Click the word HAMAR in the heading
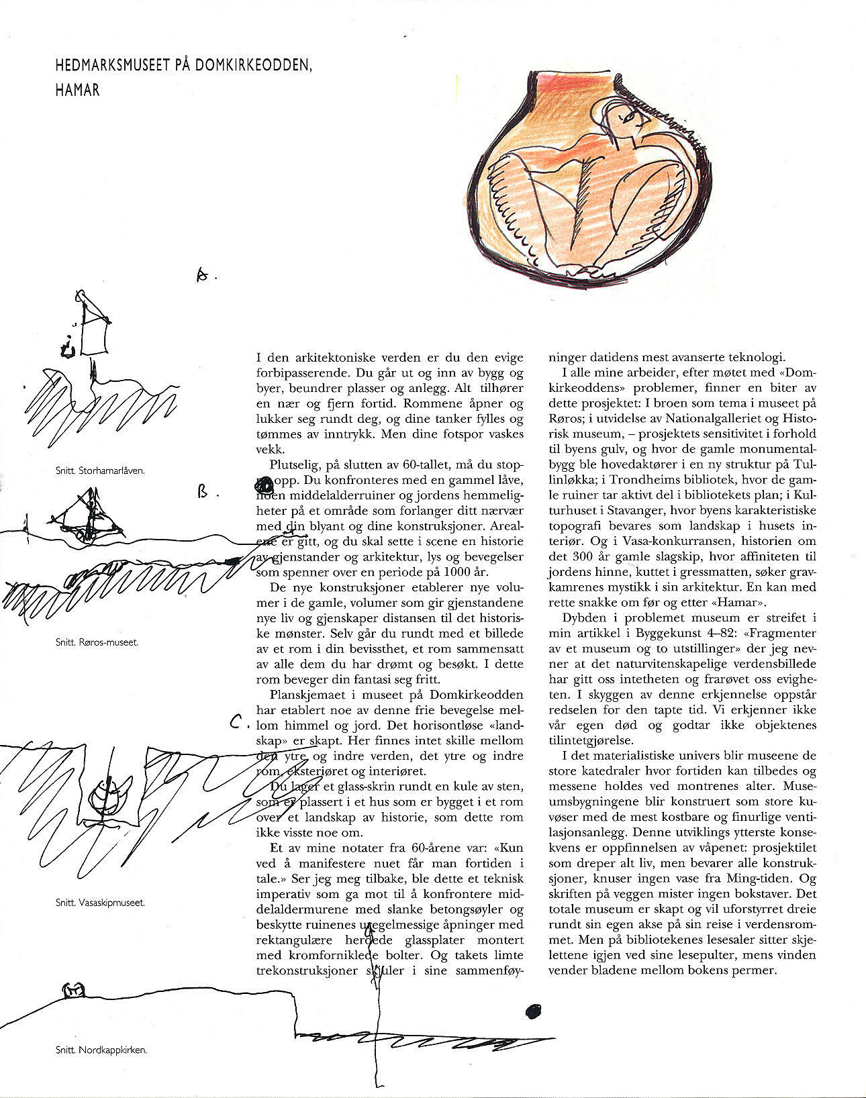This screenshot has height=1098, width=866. click(77, 90)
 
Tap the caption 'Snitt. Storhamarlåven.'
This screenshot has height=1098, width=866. click(101, 470)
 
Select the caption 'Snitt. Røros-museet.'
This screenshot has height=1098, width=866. click(97, 642)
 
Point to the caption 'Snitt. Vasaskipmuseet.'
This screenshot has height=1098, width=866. click(101, 903)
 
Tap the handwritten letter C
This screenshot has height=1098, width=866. click(236, 723)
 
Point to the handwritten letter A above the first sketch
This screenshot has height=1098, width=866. click(202, 274)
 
